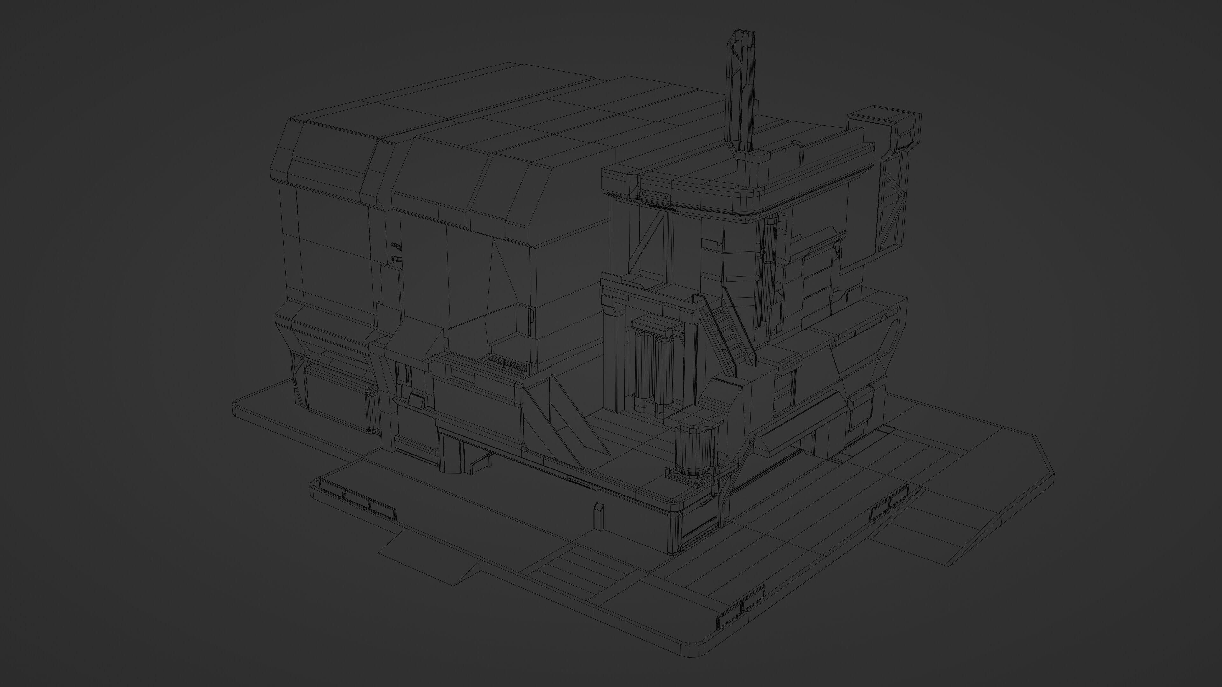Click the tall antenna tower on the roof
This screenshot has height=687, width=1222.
pos(743,95)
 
